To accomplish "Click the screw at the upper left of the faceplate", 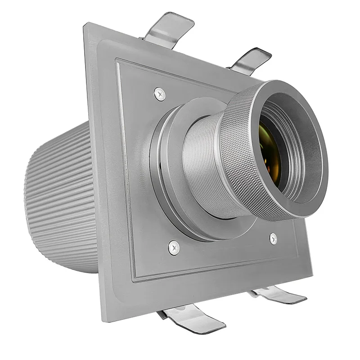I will point(160,94).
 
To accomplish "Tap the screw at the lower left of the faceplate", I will point(174,247).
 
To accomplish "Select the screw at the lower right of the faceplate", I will point(273,238).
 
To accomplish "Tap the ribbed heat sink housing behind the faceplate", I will point(63,198).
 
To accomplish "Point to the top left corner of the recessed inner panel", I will point(118,61).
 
